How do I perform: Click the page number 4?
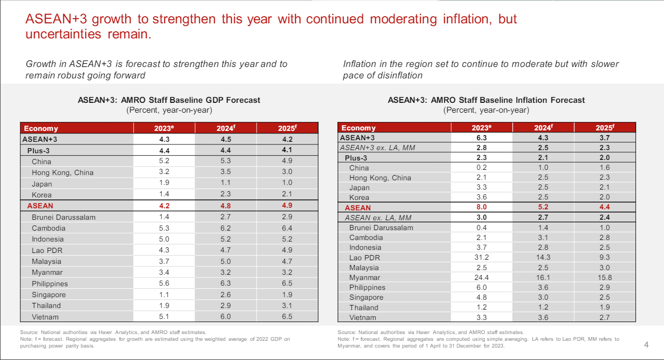tap(646, 345)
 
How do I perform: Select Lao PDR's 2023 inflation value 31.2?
tap(481, 257)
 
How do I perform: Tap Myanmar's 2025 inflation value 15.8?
tap(605, 277)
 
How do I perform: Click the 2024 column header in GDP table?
tap(226, 128)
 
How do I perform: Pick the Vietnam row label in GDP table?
tap(45, 317)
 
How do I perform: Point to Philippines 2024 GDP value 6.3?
tap(226, 284)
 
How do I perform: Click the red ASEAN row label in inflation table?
tap(358, 208)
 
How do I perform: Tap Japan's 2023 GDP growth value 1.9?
tap(165, 183)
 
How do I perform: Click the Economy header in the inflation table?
tap(358, 128)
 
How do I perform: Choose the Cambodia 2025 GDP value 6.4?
tap(287, 228)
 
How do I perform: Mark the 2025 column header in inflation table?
tap(605, 128)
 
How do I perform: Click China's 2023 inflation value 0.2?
tap(481, 168)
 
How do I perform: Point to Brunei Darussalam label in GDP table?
tap(63, 217)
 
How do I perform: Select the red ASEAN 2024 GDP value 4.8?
tap(226, 206)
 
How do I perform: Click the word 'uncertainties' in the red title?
tap(62, 35)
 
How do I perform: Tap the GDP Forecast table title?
tap(169, 100)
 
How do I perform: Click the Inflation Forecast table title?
tap(486, 100)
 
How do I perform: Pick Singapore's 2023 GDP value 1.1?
tap(165, 295)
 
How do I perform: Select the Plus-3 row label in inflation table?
tap(356, 158)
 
